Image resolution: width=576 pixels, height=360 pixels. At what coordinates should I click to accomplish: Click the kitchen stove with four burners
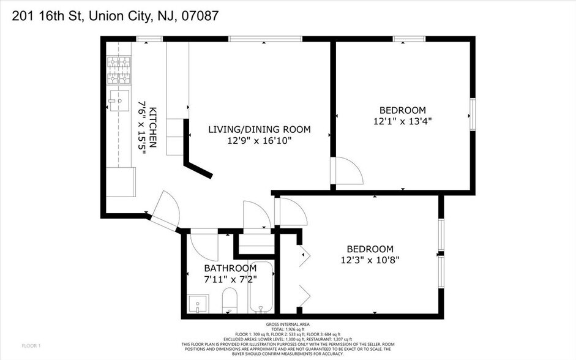[119, 71]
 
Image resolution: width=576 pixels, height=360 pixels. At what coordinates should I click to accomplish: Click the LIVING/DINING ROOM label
[259, 129]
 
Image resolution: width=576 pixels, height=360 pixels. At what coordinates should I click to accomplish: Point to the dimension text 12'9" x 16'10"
[259, 141]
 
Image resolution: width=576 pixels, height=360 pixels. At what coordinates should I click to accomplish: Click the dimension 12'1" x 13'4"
[402, 121]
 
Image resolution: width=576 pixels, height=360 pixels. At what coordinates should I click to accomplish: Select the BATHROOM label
[230, 268]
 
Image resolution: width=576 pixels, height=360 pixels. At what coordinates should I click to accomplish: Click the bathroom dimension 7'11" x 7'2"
[230, 279]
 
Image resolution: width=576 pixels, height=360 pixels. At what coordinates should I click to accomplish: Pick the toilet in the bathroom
[229, 301]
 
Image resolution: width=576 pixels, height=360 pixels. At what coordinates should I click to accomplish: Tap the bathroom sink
[197, 304]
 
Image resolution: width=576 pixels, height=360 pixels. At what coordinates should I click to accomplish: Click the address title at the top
[111, 17]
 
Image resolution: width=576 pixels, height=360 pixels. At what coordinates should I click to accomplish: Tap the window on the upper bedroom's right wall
[472, 113]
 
